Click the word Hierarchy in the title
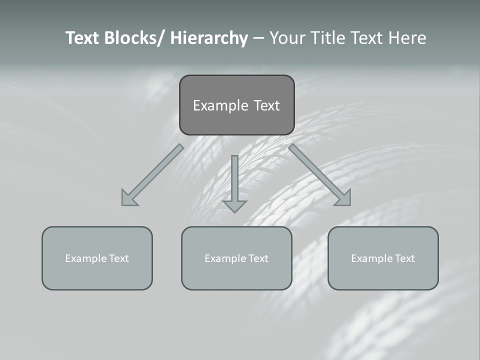[209, 38]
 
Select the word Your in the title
[287, 38]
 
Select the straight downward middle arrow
[234, 180]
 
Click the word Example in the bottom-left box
[86, 258]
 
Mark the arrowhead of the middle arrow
[234, 206]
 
